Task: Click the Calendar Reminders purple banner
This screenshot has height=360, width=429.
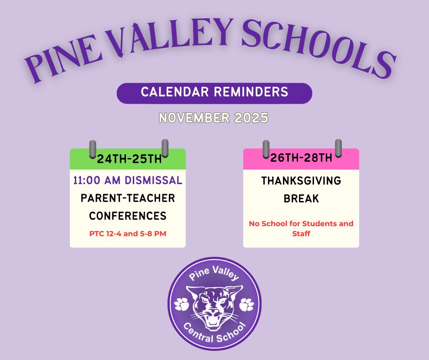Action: (x=214, y=92)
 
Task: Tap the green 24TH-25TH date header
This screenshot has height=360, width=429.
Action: (x=128, y=159)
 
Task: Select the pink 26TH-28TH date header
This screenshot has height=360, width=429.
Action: (x=301, y=159)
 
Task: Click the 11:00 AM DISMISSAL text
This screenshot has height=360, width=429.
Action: (x=128, y=180)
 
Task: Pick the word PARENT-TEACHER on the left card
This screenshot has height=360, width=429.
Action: (x=128, y=198)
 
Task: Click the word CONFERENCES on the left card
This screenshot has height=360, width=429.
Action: (x=128, y=216)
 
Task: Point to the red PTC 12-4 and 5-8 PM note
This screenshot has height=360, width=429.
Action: (x=128, y=234)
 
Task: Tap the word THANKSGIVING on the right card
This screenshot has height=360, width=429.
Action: (x=301, y=181)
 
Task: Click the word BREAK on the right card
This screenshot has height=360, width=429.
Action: (x=301, y=200)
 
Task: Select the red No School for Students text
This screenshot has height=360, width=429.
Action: (x=301, y=224)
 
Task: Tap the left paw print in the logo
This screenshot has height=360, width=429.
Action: (x=182, y=304)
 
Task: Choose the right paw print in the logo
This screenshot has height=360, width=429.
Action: (x=247, y=304)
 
